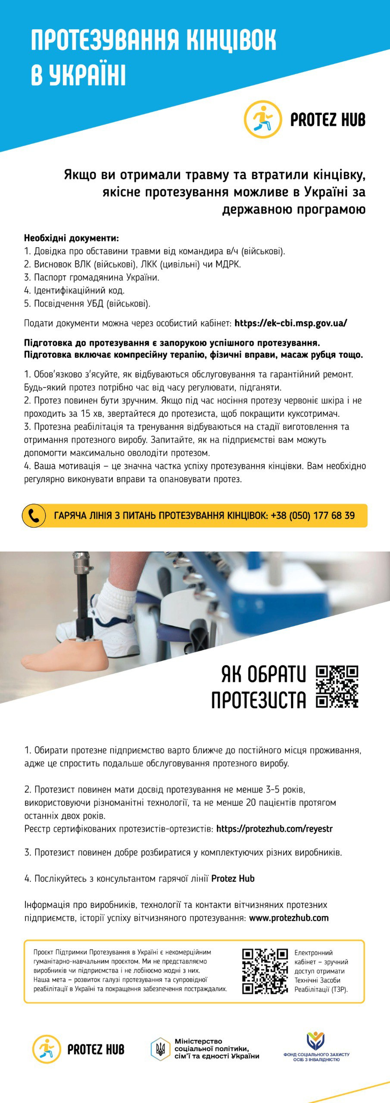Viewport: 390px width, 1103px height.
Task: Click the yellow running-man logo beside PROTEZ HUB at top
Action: [263, 119]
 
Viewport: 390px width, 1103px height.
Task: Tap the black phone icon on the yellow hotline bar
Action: [34, 515]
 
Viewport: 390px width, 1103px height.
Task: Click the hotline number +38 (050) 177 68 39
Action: [313, 515]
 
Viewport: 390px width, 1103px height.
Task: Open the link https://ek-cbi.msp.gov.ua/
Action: [291, 323]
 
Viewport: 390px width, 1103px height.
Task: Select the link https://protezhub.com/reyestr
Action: [275, 829]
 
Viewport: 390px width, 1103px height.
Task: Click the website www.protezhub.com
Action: [289, 918]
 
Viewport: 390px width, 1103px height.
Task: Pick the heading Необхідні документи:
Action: [72, 238]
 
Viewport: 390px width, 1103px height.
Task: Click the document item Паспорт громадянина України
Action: [97, 277]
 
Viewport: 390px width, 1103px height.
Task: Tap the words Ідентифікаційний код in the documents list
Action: [79, 290]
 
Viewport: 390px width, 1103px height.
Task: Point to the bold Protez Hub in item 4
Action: [233, 879]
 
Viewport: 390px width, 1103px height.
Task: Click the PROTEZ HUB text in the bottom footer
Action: [96, 1049]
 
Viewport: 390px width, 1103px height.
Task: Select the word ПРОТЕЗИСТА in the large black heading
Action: [259, 700]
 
